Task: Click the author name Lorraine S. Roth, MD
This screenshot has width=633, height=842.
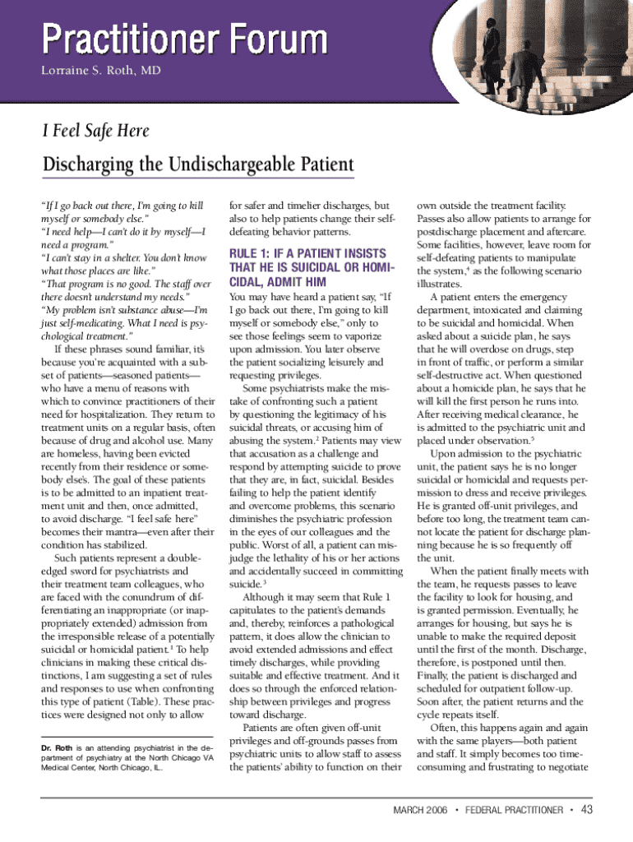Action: pos(101,71)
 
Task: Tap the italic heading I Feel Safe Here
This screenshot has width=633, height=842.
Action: pos(95,130)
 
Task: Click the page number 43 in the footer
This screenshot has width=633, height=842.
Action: pos(586,809)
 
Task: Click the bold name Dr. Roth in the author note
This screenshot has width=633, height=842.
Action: pos(56,747)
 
